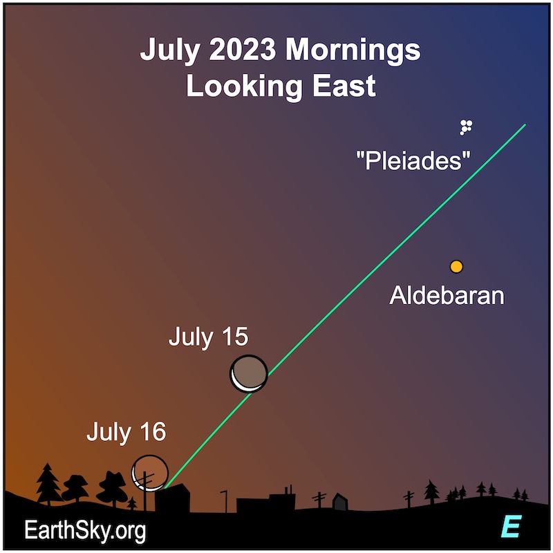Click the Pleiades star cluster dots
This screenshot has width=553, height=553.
click(466, 127)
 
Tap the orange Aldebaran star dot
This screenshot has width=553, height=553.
click(456, 267)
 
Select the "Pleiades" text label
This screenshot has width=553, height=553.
click(413, 160)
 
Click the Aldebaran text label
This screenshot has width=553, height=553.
click(447, 295)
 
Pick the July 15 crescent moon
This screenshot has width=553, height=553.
click(249, 374)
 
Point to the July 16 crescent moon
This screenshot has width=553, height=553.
click(150, 473)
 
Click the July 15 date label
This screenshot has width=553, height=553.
click(209, 337)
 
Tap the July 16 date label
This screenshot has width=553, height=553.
click(126, 431)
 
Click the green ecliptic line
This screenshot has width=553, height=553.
click(345, 306)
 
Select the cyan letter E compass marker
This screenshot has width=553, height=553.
click(512, 526)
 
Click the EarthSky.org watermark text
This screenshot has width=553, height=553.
click(85, 530)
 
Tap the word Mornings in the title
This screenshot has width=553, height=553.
click(353, 50)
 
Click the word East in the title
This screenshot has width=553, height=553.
click(344, 85)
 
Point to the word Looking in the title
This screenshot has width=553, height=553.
click(244, 86)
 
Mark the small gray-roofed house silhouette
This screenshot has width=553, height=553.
click(340, 501)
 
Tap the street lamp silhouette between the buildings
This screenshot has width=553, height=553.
click(224, 500)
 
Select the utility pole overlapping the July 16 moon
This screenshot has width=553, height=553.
click(145, 491)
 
